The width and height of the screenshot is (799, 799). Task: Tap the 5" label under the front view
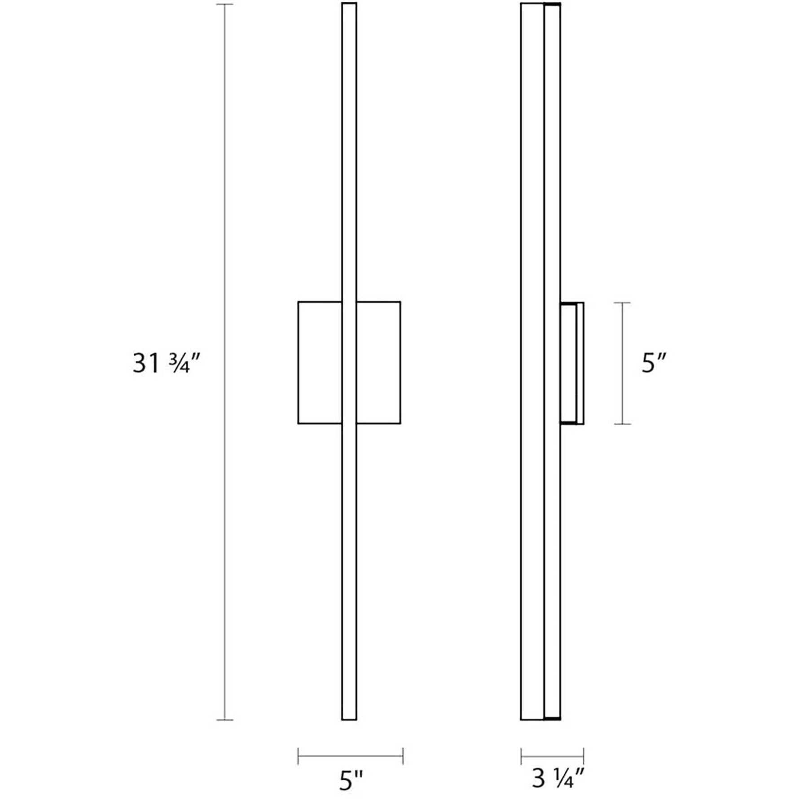click(351, 781)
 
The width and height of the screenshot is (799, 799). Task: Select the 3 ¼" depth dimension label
click(558, 779)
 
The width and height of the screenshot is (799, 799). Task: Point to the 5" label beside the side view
click(654, 363)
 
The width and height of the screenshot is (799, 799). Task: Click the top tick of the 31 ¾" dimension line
click(224, 4)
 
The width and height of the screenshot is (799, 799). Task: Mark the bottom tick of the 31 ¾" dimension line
click(224, 733)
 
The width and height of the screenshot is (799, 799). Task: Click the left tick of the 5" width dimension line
click(298, 756)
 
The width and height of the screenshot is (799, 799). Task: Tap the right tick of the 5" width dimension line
click(403, 756)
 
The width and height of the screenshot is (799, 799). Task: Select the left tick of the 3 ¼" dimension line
click(521, 756)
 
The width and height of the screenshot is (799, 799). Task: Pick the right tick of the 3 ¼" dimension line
click(583, 756)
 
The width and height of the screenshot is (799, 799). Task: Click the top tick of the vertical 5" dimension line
click(622, 303)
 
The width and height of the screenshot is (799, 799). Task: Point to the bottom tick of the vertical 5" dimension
click(622, 424)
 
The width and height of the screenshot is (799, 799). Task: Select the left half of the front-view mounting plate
click(320, 363)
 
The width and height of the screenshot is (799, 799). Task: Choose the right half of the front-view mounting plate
click(378, 363)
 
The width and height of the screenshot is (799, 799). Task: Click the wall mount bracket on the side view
click(572, 363)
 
